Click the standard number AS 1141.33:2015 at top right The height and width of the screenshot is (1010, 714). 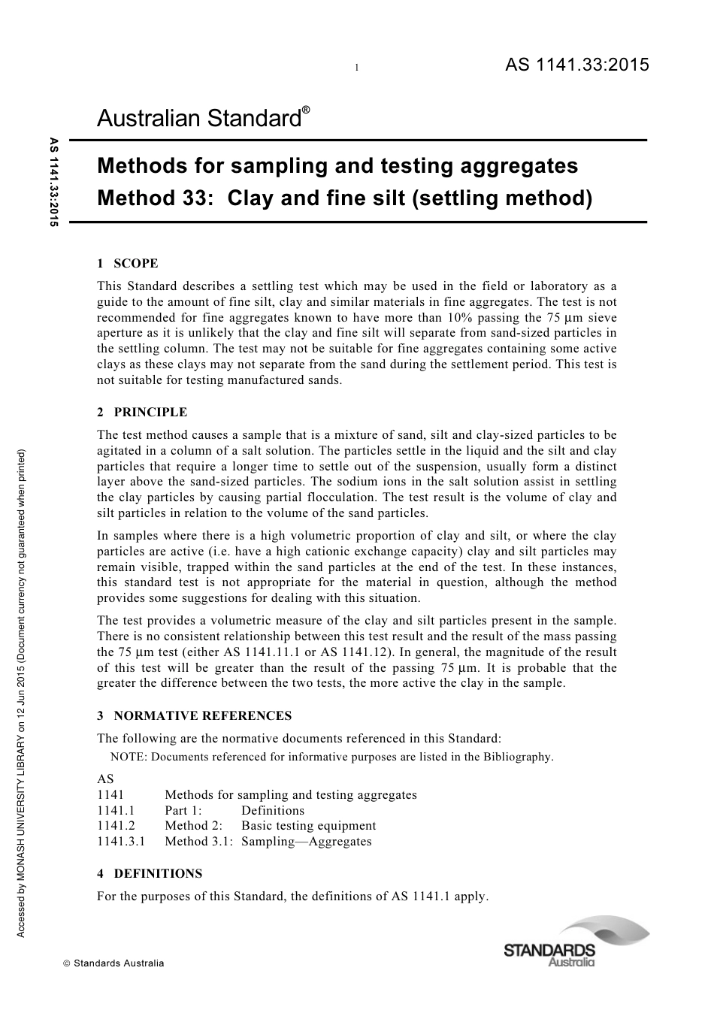[x=576, y=65]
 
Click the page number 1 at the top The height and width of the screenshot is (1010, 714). [x=356, y=68]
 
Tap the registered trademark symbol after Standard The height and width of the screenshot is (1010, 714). [x=306, y=110]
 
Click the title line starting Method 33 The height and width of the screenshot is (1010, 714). [x=345, y=198]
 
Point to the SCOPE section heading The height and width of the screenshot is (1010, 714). [x=128, y=263]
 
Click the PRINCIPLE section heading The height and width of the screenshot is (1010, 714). [x=142, y=412]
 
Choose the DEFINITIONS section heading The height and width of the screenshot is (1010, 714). [x=150, y=873]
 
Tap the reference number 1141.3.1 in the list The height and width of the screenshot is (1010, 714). [x=121, y=841]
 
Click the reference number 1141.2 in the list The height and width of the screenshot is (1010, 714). [x=116, y=825]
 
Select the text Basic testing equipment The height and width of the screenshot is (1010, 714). [x=308, y=825]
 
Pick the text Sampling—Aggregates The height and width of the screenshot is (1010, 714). [x=306, y=841]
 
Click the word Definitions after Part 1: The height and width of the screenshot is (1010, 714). [x=273, y=810]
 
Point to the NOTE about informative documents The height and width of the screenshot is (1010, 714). [x=331, y=757]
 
